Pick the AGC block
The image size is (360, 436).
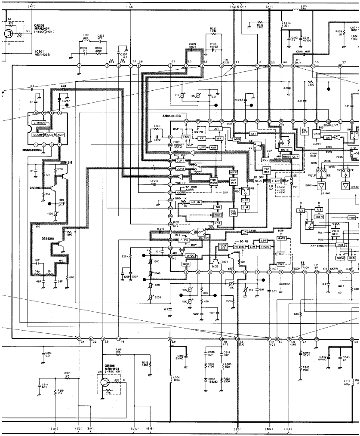(x=236, y=139)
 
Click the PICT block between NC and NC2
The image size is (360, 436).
(x=218, y=215)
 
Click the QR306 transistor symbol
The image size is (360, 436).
(x=105, y=382)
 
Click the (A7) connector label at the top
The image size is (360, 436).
(x=31, y=6)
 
